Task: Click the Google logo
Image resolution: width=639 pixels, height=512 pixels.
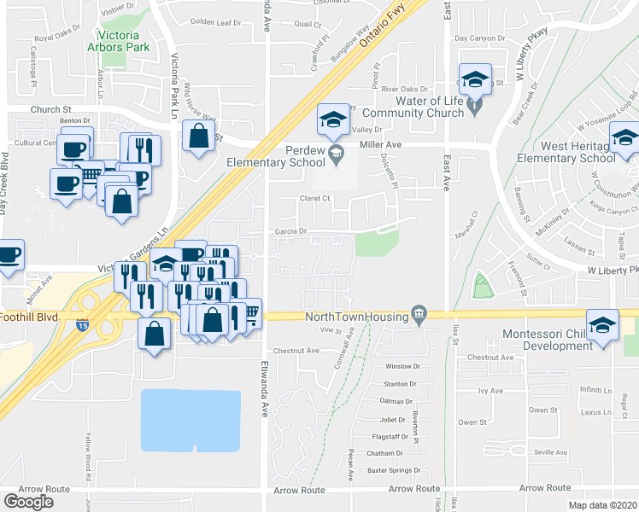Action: [x=28, y=502]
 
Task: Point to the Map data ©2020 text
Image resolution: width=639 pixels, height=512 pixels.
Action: [x=603, y=505]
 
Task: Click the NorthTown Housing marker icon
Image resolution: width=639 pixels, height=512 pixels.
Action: [x=419, y=316]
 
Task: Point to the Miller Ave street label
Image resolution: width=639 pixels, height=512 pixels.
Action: [x=380, y=145]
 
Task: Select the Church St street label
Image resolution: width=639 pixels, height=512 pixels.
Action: [x=50, y=109]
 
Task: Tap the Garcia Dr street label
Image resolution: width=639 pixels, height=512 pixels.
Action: [x=290, y=231]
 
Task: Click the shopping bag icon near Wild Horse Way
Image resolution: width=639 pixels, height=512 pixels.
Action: [x=198, y=136]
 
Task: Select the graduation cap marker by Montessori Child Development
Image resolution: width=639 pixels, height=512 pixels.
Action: [x=603, y=325]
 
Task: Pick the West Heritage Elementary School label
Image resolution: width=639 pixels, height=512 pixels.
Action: [x=566, y=152]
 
